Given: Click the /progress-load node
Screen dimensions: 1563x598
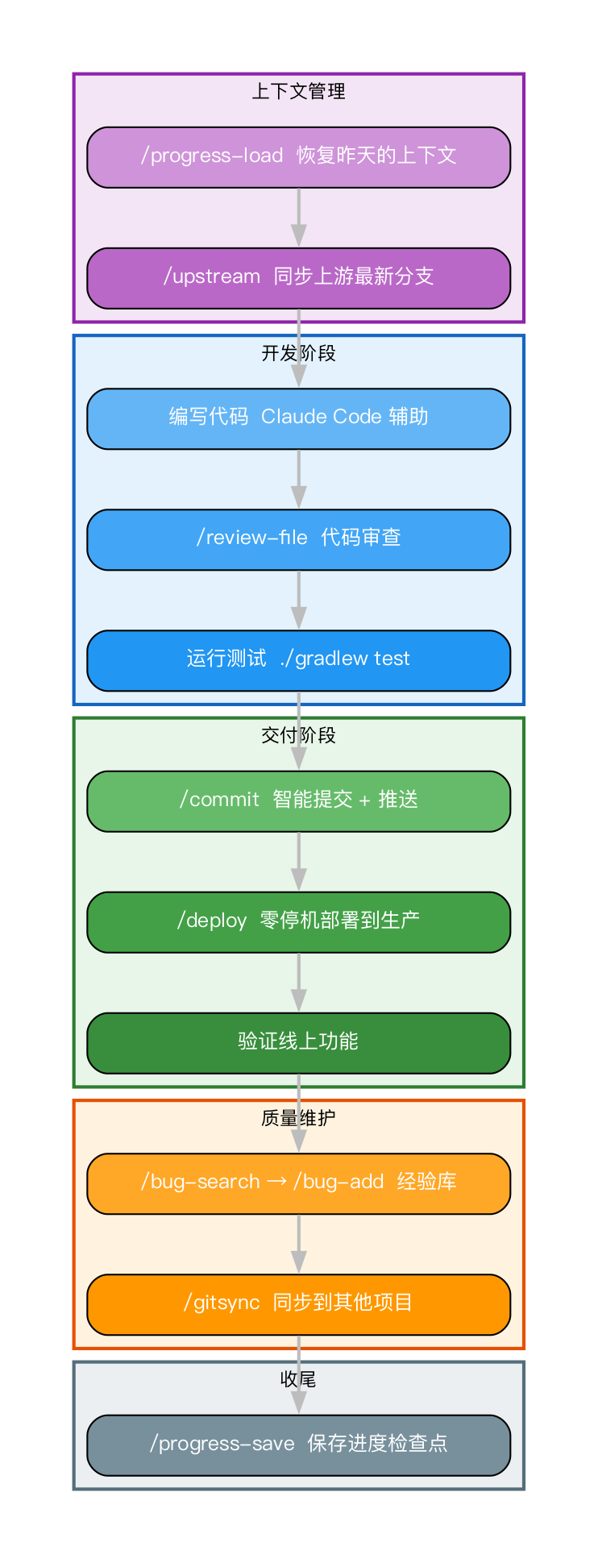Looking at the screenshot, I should click(x=298, y=157).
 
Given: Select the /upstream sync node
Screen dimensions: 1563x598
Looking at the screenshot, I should click(x=298, y=278).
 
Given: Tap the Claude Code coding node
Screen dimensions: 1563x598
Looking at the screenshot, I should click(x=298, y=418).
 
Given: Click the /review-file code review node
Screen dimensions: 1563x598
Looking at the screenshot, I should click(x=298, y=539).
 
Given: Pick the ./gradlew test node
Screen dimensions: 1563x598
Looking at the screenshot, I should click(x=298, y=660).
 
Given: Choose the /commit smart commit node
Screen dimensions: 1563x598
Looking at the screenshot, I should click(x=298, y=801).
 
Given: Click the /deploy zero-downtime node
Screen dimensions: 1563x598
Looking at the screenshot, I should click(x=298, y=922).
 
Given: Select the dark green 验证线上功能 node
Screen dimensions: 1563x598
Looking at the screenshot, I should click(x=298, y=1043).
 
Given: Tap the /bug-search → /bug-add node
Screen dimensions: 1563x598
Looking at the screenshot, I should click(x=298, y=1183).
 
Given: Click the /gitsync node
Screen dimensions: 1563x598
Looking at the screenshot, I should click(x=298, y=1304).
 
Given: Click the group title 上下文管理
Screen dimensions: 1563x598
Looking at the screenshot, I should click(x=298, y=92).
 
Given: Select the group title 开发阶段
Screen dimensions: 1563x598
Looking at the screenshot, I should click(x=298, y=353).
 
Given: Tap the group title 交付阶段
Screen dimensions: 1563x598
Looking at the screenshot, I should click(x=298, y=735).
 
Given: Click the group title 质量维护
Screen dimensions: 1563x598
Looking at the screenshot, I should click(x=298, y=1118).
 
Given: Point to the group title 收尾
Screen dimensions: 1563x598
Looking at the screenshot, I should click(x=298, y=1379).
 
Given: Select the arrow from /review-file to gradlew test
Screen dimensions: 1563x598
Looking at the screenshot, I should click(x=298, y=600).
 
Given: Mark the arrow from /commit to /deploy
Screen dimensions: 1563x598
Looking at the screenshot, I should click(x=298, y=862).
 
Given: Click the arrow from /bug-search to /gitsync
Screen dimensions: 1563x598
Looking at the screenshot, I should click(x=298, y=1244).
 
